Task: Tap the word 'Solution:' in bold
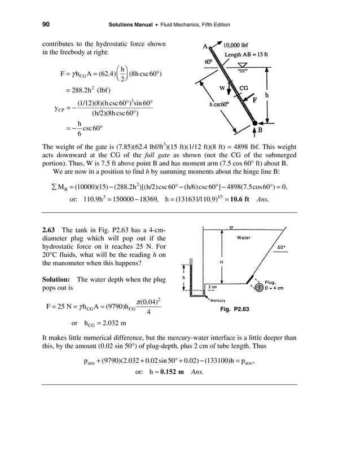56,280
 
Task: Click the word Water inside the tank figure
244,238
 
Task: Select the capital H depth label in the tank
221,263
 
